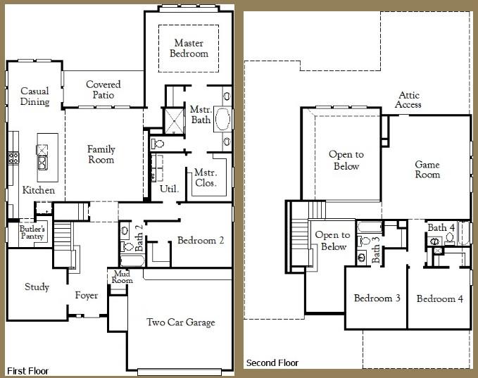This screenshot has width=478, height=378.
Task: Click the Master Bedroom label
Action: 189,48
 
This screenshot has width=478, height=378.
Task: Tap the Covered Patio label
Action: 103,89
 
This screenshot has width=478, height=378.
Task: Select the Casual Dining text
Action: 34,96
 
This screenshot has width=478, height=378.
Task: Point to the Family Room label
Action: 101,154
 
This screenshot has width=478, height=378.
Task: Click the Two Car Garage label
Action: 181,322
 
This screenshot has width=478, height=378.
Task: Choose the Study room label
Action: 37,286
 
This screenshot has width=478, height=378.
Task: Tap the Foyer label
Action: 87,295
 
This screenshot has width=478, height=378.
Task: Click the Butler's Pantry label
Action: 32,232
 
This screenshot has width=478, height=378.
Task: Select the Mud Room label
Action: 122,277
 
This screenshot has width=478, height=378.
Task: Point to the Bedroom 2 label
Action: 201,240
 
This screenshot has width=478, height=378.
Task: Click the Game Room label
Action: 427,170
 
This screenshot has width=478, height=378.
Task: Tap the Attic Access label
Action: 408,100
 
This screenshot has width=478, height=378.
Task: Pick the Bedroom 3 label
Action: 377,298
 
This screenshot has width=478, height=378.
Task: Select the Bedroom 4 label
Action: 440,298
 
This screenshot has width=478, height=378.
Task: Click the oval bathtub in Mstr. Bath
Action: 222,119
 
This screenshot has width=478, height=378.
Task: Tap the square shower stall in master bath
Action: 175,121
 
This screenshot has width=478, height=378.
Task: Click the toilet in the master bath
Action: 158,143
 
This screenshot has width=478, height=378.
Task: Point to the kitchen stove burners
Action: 13,158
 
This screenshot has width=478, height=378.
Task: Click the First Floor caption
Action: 27,371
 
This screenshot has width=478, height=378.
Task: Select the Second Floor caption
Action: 272,363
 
